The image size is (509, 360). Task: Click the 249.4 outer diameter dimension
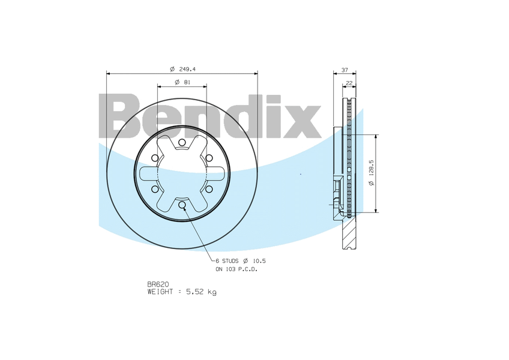click(187, 69)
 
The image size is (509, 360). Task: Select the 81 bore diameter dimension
click(187, 82)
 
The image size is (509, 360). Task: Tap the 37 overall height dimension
click(345, 70)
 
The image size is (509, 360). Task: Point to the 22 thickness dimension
click(349, 83)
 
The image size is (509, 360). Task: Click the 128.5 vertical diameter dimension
click(372, 167)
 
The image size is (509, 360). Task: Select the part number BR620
click(158, 284)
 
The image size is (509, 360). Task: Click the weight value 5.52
click(194, 292)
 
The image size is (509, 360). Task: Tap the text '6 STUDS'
click(227, 261)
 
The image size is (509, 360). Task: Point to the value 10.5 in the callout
click(259, 261)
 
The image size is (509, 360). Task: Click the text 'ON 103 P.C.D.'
click(236, 269)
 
